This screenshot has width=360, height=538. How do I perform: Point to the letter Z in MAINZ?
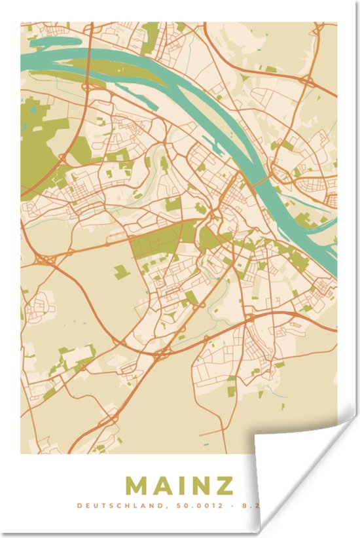(224, 486)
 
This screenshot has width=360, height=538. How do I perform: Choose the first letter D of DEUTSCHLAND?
(79, 505)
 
